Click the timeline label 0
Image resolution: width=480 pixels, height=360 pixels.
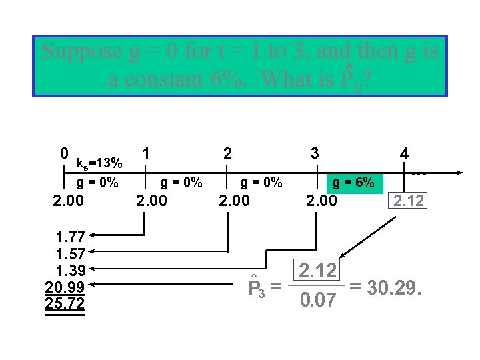coord(64,153)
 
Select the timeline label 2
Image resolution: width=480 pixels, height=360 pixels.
coord(228,152)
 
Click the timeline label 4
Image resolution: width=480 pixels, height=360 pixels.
coord(404,153)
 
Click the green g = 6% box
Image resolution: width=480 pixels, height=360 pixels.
coord(353,182)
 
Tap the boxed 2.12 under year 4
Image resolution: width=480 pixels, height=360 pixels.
coord(408,201)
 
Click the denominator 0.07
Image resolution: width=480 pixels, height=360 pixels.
coord(317,302)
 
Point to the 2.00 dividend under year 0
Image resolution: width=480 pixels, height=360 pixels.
coord(69,201)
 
